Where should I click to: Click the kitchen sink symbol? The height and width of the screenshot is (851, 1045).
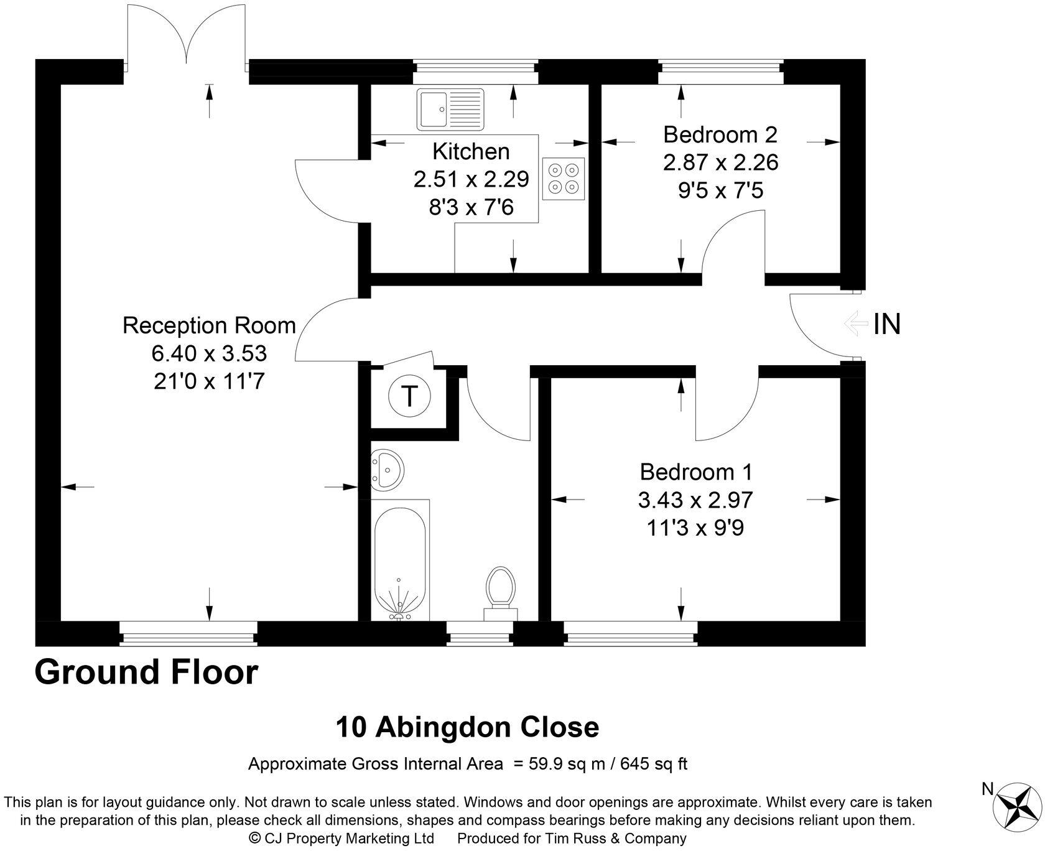(450, 109)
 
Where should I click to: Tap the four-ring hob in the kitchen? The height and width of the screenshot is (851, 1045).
(564, 179)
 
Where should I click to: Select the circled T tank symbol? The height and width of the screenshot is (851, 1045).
(409, 396)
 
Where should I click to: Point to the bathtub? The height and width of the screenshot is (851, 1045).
(400, 563)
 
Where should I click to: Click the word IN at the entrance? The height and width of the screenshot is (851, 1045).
(887, 324)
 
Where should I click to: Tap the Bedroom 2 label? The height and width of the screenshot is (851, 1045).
(720, 134)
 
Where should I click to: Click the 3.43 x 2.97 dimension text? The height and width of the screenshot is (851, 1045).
(695, 500)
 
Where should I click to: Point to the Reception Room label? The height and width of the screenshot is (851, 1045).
(209, 325)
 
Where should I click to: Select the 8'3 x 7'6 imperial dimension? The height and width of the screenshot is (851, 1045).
(471, 207)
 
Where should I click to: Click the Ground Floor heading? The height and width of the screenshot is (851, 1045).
(146, 672)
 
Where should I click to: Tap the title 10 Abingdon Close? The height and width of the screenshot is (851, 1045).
(467, 727)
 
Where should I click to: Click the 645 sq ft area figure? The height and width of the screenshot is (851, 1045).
(657, 763)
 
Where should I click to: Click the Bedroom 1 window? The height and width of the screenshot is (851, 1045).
(629, 635)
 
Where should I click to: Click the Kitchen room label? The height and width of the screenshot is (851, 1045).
(471, 151)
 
